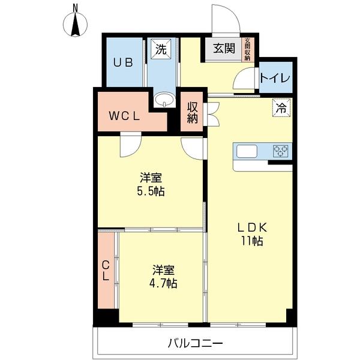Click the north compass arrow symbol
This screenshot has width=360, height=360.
(x=76, y=25)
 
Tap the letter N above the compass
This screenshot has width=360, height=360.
(x=76, y=8)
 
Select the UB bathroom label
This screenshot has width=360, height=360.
(x=124, y=62)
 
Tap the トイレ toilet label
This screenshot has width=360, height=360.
(x=276, y=79)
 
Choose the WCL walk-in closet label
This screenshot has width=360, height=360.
(x=124, y=116)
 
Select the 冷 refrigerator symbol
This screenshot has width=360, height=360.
(x=281, y=107)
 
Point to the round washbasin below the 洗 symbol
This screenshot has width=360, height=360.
(x=163, y=100)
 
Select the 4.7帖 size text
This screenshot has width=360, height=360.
(x=163, y=283)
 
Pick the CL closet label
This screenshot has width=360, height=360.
(x=105, y=270)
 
